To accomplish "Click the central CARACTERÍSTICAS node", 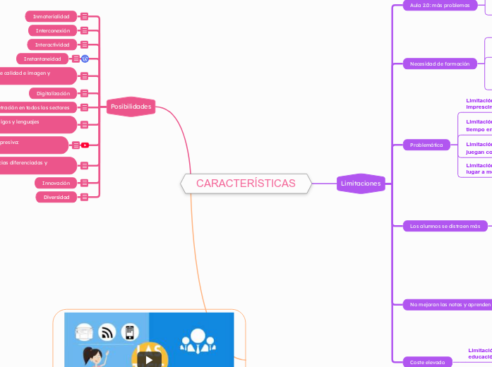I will (246, 183).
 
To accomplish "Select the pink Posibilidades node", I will (131, 107).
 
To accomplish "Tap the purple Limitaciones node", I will (361, 183).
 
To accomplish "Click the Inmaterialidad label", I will (51, 16).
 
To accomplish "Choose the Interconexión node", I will (53, 31).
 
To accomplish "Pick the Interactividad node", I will (53, 44).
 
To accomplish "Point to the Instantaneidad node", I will (42, 59).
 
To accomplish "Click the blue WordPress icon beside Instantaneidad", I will (85, 59).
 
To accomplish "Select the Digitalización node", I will (54, 93).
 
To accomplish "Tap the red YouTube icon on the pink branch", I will (85, 145).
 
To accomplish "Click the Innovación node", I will (56, 183).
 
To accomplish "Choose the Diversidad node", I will (57, 197).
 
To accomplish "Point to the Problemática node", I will (427, 145).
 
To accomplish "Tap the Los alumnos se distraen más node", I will (445, 227).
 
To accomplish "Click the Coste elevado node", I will (428, 362).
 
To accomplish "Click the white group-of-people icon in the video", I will (191, 342).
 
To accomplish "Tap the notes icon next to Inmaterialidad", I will (85, 16).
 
